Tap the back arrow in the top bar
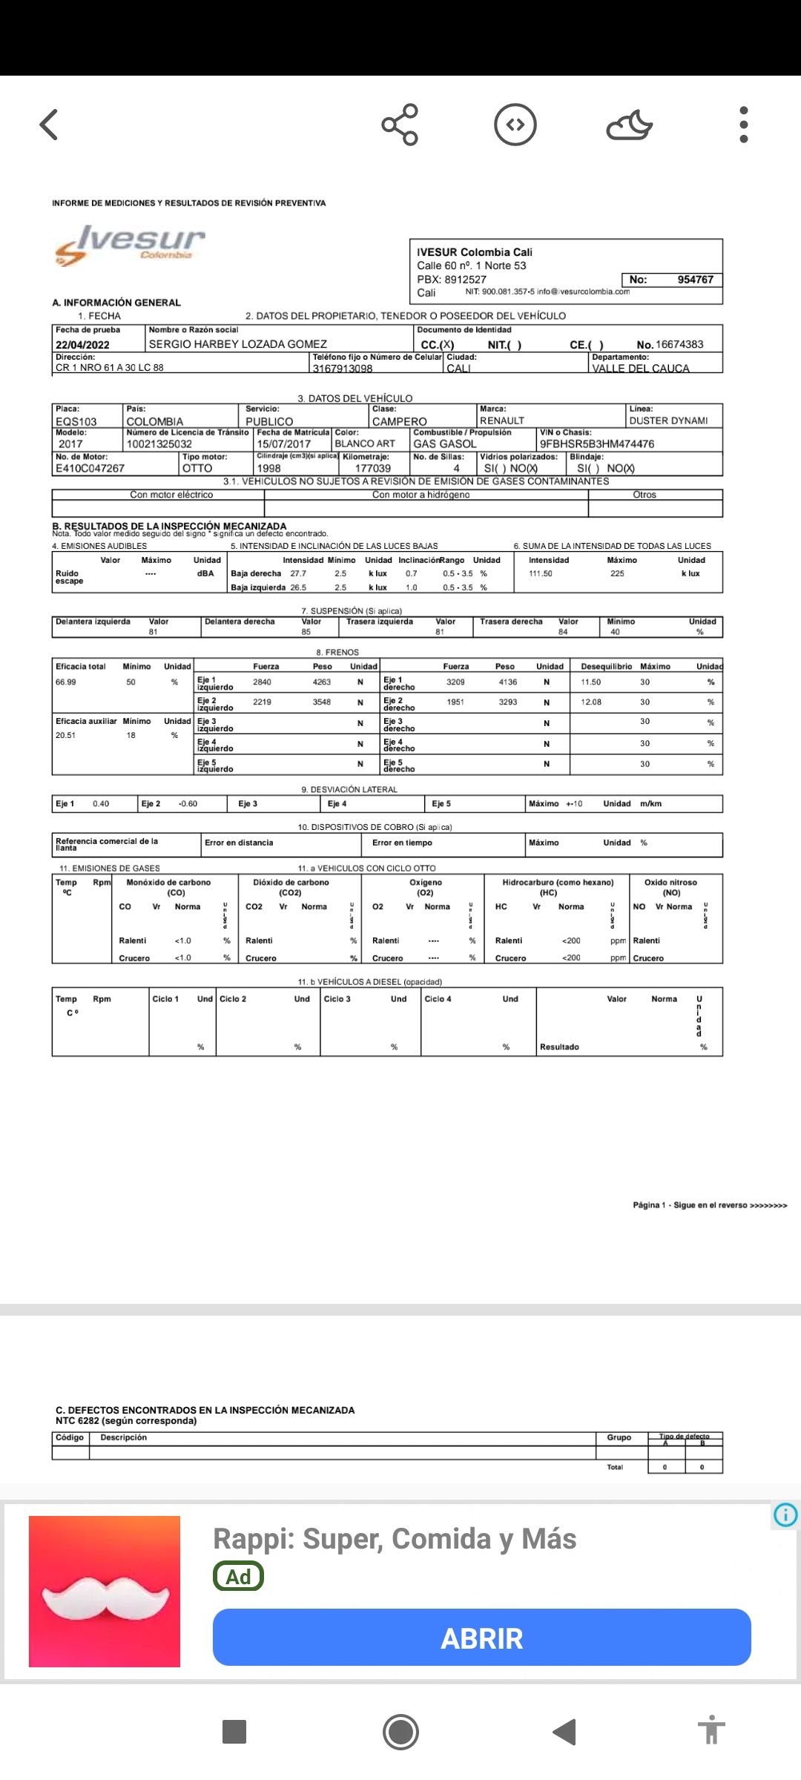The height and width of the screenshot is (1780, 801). point(49,125)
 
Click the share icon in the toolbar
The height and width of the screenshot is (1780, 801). point(400,125)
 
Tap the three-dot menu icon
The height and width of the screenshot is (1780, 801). point(744,125)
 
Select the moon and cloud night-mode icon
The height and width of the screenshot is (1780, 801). point(629,125)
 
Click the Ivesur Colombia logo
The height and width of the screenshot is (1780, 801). point(131,244)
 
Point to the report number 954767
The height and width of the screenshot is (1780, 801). point(695,280)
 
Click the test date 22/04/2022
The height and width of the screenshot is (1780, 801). point(82,345)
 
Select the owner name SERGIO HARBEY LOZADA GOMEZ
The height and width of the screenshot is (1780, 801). point(237,344)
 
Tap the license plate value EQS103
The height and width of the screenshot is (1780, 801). point(76,421)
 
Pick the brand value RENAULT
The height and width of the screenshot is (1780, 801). point(502,421)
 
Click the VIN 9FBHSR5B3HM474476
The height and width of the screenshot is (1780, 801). point(597,444)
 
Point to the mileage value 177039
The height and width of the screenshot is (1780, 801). point(372,469)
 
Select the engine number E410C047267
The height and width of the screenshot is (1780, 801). point(90,469)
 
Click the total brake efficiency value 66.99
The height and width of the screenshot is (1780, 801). point(66,682)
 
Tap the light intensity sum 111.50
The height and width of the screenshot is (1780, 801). point(541,574)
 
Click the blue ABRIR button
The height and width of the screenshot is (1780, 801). point(481,1638)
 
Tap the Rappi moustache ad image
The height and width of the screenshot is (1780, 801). point(105,1592)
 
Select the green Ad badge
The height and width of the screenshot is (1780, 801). point(238,1576)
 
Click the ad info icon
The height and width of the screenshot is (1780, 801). point(785,1514)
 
